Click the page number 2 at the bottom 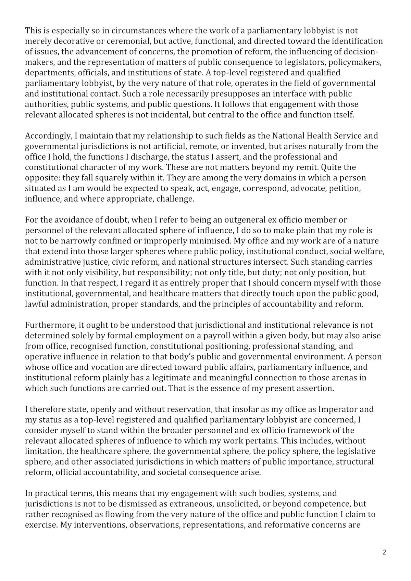384,552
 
